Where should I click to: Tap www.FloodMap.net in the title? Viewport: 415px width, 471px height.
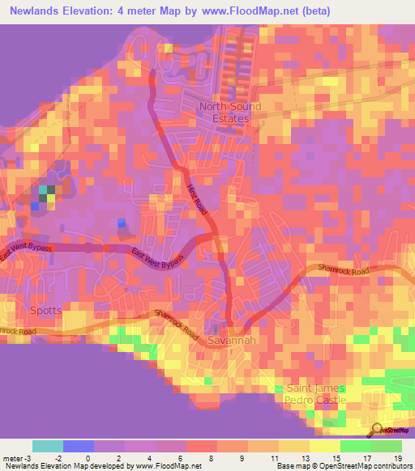pyautogui.click(x=258, y=10)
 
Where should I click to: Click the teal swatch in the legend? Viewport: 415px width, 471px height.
pyautogui.click(x=47, y=446)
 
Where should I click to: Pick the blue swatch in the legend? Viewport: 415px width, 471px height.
pyautogui.click(x=79, y=446)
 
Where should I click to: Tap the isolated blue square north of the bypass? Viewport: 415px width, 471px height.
pyautogui.click(x=122, y=223)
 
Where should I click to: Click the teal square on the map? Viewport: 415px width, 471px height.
pyautogui.click(x=43, y=191)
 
